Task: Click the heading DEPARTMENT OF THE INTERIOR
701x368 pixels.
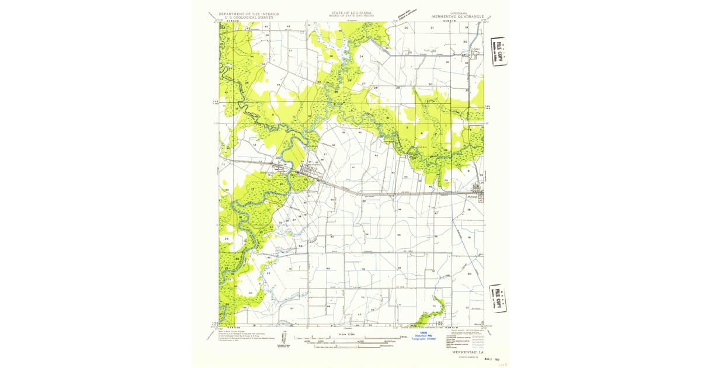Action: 248,13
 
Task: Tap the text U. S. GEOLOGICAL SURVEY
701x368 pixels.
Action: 248,17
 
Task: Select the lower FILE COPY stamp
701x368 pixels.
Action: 498,298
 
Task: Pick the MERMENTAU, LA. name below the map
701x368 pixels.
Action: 466,352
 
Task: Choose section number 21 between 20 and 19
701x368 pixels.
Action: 433,28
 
